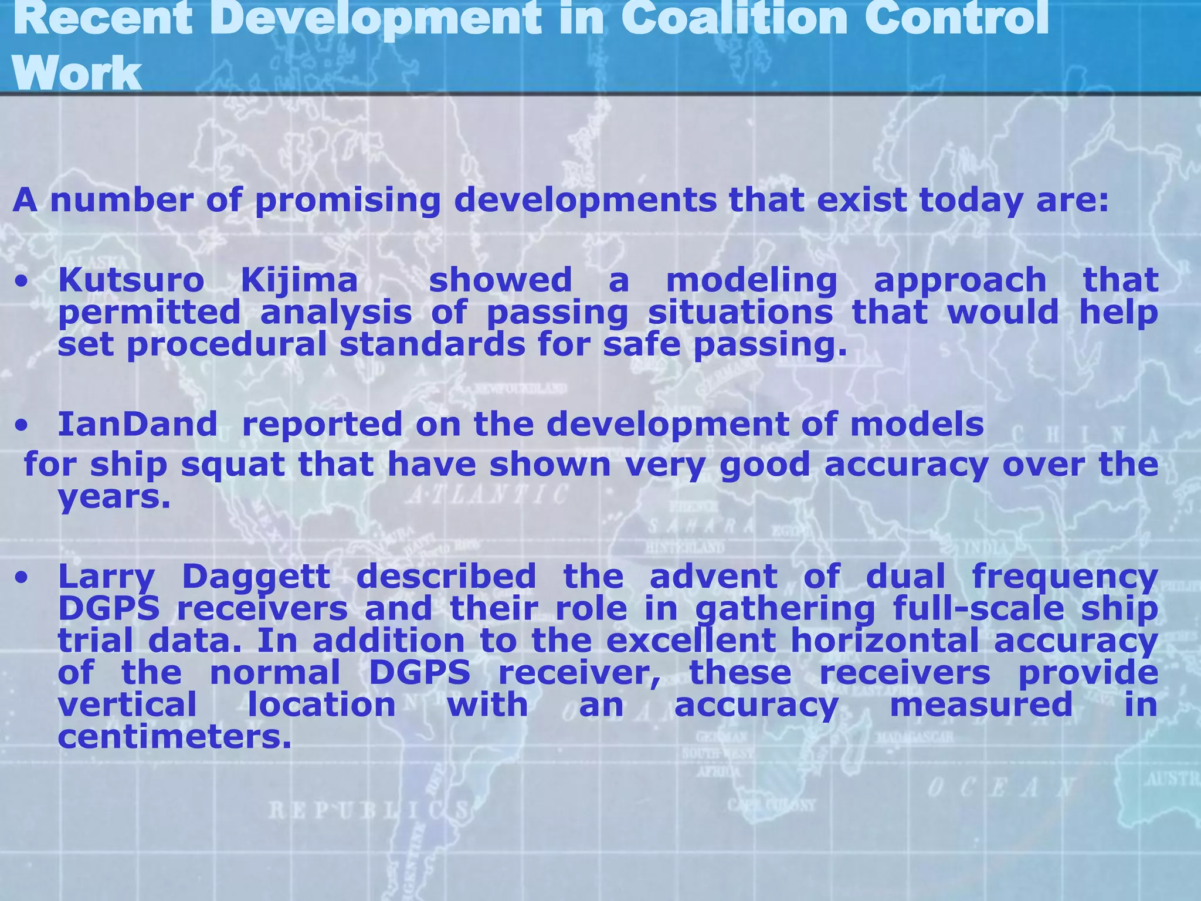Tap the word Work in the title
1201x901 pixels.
76,73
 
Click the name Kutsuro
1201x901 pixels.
131,280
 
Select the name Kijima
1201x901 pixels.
299,280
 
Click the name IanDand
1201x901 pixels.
137,424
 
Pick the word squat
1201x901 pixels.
232,466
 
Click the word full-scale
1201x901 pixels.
978,608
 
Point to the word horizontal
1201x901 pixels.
884,641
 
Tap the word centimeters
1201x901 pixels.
174,737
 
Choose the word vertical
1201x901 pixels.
127,704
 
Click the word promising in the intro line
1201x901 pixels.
347,201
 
